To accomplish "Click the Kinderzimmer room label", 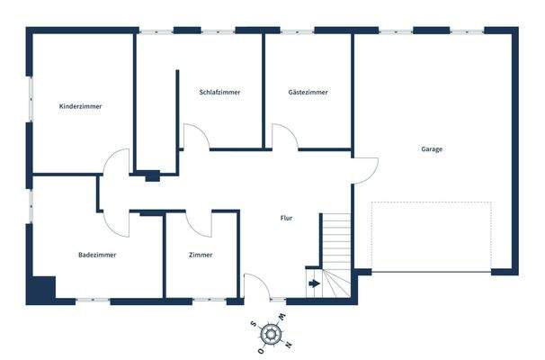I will [x=80, y=106].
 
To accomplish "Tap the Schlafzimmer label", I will [x=219, y=92].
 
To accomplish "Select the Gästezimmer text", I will [x=308, y=92].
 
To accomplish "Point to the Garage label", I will [x=432, y=149].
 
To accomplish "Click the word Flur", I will [x=286, y=218].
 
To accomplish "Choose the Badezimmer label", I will [x=97, y=255].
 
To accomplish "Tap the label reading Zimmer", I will [x=201, y=255].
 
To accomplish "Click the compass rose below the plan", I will [x=271, y=335].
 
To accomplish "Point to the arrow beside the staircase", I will [x=313, y=283].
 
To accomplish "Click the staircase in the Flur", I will [x=339, y=247].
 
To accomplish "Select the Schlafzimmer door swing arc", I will [x=196, y=137].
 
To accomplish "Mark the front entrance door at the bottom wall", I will [x=257, y=288].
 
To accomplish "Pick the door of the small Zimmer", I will [x=200, y=223].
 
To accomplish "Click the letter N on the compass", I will [x=287, y=344].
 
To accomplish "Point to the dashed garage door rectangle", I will [x=431, y=237].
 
